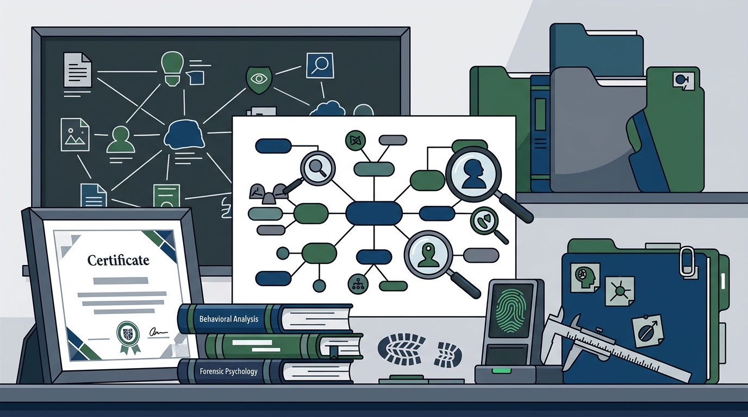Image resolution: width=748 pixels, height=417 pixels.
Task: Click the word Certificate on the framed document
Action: coord(118,260)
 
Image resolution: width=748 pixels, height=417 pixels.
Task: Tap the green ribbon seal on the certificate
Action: coord(128,337)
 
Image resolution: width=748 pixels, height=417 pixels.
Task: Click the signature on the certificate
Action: coord(158,332)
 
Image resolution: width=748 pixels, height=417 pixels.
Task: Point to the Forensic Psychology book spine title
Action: coord(228,371)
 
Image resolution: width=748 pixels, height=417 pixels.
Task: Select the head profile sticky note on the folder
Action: coord(585,277)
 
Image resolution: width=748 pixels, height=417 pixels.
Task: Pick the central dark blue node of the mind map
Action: coord(373,213)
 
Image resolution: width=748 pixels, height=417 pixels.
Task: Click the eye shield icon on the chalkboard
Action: coord(259,79)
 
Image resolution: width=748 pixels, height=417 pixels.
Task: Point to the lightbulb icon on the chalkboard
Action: coord(172,69)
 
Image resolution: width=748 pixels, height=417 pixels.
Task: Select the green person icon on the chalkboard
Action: coord(121,140)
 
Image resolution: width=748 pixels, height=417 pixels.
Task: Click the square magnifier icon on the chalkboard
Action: coord(320,66)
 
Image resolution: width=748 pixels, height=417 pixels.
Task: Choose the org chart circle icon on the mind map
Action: coord(358,284)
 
